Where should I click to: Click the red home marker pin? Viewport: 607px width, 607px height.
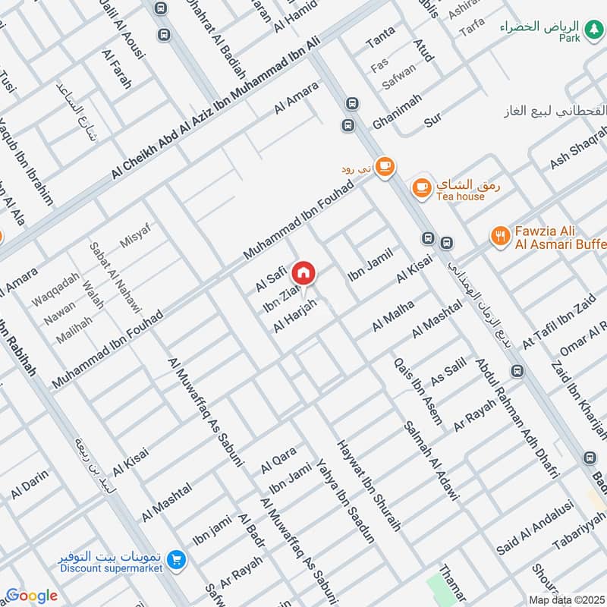(x=303, y=272)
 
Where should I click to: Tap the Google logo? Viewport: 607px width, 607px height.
(x=31, y=596)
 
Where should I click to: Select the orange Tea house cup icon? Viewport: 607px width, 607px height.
(x=422, y=187)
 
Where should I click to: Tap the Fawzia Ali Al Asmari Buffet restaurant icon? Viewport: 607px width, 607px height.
(x=498, y=235)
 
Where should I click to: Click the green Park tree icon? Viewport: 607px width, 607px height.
(x=505, y=27)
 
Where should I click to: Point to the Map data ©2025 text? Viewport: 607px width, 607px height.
(x=565, y=599)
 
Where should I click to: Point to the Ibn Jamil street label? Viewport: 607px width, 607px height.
(x=370, y=263)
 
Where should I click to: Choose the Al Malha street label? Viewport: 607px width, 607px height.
(x=393, y=316)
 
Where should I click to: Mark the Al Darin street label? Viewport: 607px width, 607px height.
(x=29, y=485)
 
